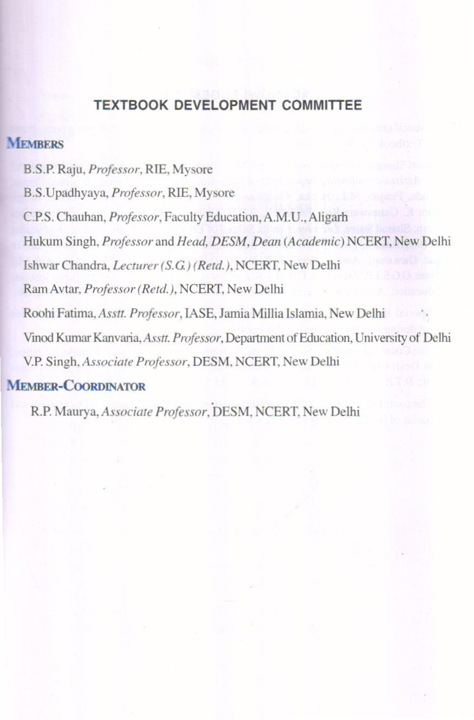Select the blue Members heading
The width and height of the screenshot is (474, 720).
pyautogui.click(x=35, y=144)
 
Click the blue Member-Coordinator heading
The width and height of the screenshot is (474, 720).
pyautogui.click(x=76, y=386)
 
